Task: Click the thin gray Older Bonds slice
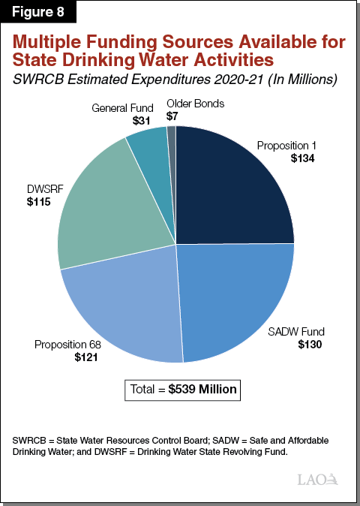point(172,135)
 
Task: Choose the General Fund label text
point(123,108)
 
